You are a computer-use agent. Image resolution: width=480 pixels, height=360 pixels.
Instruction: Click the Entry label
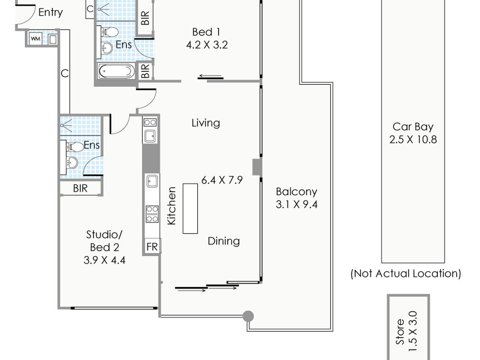(50, 12)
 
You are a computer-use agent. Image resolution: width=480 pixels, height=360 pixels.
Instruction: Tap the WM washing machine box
(36, 39)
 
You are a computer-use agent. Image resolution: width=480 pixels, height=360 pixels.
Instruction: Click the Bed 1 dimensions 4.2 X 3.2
(207, 45)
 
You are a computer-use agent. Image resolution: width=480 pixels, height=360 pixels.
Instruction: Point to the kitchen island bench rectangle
(190, 208)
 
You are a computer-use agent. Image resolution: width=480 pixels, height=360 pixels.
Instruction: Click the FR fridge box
(152, 246)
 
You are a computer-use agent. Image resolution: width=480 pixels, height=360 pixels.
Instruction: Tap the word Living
(206, 123)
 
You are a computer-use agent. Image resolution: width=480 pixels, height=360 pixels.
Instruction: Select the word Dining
(224, 241)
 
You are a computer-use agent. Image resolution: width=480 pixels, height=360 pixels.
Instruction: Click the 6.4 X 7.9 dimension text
(222, 180)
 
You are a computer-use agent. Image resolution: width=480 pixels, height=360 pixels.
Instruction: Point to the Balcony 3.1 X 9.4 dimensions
(296, 204)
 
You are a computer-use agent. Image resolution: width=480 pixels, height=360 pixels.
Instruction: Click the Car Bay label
(413, 127)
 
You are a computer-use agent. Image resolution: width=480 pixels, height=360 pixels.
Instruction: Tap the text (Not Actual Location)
(406, 274)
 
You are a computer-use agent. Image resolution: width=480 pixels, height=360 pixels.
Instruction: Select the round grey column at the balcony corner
(248, 316)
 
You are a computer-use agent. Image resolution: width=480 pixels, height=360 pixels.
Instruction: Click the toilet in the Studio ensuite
(74, 147)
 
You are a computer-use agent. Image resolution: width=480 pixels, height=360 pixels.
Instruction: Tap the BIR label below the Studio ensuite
(80, 188)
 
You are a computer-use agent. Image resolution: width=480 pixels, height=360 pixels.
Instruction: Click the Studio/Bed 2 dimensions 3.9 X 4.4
(104, 260)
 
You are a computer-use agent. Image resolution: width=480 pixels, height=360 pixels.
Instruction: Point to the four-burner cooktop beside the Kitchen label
(152, 214)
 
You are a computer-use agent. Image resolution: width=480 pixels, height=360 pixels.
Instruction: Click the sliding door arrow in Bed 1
(210, 76)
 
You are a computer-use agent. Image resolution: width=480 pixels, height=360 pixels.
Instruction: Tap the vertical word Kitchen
(172, 206)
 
